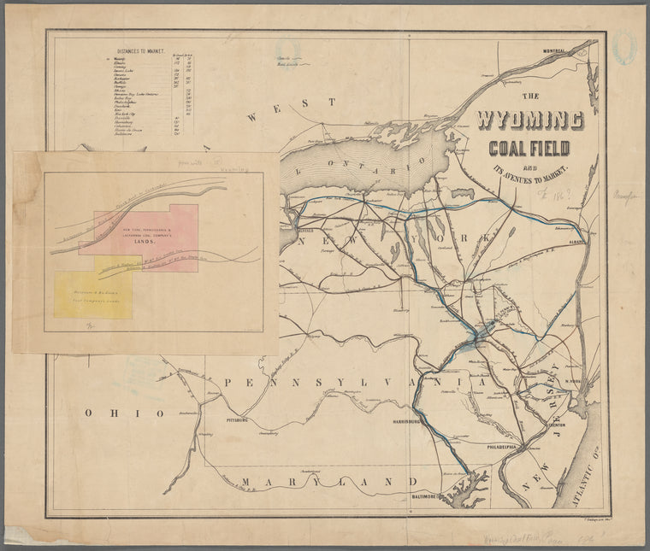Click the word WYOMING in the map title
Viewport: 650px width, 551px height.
coord(530,120)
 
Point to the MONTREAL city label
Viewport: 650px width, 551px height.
coord(548,51)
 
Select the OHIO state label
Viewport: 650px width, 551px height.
coord(124,413)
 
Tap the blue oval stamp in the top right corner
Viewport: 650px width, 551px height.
coord(624,48)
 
